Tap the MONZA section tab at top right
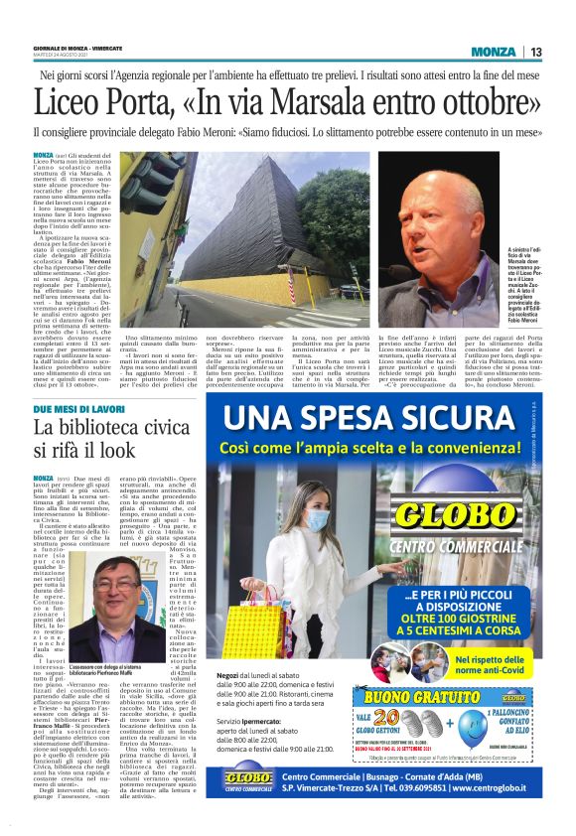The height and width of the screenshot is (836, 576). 495,52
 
